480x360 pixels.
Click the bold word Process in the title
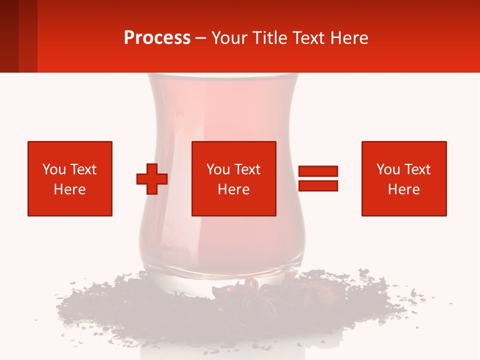pyautogui.click(x=157, y=38)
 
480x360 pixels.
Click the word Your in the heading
pyautogui.click(x=229, y=38)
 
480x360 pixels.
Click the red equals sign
pyautogui.click(x=318, y=178)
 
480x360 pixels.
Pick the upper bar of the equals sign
pyautogui.click(x=318, y=171)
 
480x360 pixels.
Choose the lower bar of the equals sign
pyautogui.click(x=318, y=186)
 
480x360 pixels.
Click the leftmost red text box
pyautogui.click(x=70, y=178)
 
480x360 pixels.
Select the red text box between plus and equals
pyautogui.click(x=234, y=178)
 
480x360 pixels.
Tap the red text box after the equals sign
pyautogui.click(x=404, y=178)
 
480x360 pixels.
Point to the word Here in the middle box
pyautogui.click(x=234, y=189)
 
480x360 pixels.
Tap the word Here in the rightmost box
pyautogui.click(x=404, y=189)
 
